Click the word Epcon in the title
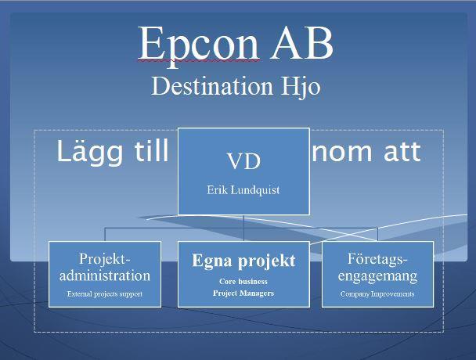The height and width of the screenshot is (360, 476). point(199,45)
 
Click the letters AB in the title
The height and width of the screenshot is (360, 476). point(301,43)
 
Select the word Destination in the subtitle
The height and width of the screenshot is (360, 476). point(212,86)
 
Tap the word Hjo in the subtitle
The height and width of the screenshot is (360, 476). point(301,88)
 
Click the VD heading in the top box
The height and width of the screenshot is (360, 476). point(243,161)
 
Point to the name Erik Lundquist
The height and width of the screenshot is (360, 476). point(243,190)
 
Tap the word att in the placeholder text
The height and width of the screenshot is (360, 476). point(402,152)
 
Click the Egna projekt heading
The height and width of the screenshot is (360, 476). point(243,261)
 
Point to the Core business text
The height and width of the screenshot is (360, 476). point(243,282)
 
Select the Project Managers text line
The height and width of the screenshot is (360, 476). point(243,293)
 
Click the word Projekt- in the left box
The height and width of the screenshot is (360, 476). point(105,259)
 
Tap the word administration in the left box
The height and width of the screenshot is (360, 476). point(105,276)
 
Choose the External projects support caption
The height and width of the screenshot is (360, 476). point(105,294)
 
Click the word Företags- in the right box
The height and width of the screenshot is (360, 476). point(377,260)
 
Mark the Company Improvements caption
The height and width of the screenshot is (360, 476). point(377,294)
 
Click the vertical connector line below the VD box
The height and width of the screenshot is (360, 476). point(243,229)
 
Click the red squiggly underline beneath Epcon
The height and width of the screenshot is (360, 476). point(199,61)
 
